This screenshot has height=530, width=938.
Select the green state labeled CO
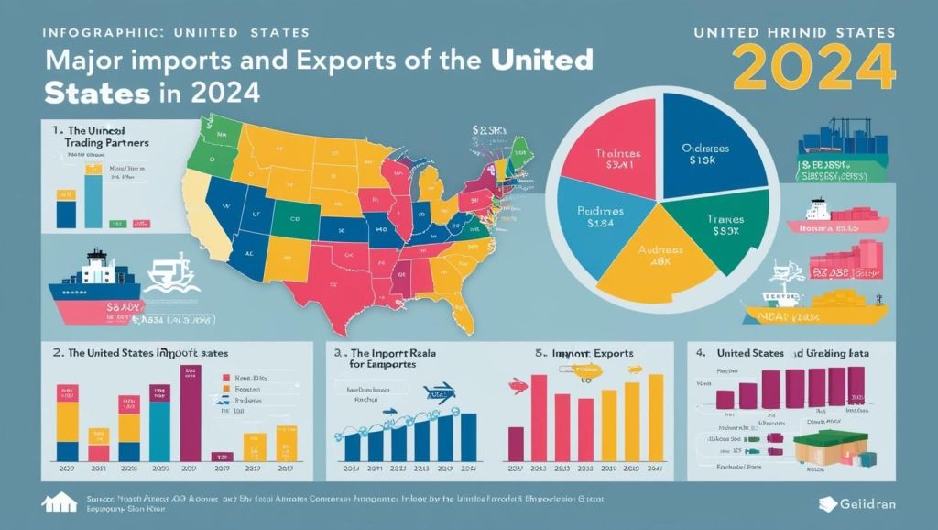(x=296, y=220)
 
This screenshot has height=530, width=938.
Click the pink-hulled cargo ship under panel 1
(x=95, y=293)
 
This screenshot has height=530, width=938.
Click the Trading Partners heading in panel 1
(x=101, y=144)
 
